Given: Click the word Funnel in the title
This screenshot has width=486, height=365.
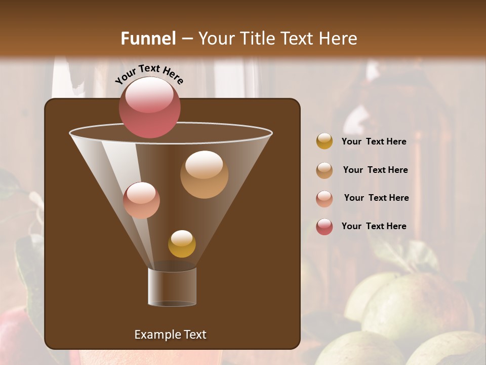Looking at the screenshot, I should [x=148, y=39].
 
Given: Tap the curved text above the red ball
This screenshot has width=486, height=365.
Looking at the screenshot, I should [x=149, y=74].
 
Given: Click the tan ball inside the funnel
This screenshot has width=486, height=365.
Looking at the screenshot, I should [x=204, y=174].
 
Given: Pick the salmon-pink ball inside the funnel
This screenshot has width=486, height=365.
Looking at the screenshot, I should [x=141, y=201].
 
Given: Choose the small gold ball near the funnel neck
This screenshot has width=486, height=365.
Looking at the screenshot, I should [x=182, y=244].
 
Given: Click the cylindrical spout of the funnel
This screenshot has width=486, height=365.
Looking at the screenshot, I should [x=172, y=287].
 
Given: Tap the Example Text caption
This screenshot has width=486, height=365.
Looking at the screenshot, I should [x=170, y=335].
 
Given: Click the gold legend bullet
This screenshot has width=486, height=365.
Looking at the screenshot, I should [x=325, y=141].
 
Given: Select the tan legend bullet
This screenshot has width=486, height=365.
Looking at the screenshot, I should [x=325, y=170].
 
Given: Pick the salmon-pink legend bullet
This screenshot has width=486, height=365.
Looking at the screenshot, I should [x=325, y=199].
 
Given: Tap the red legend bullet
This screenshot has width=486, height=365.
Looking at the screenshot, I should [x=325, y=227].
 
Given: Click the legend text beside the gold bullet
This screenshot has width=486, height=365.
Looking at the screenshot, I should [x=374, y=141].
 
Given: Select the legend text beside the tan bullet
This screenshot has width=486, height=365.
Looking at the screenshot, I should [x=375, y=170].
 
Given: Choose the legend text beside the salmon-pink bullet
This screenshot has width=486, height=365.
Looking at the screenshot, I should [x=376, y=198].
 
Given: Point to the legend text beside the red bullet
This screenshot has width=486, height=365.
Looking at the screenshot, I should [x=374, y=226].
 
